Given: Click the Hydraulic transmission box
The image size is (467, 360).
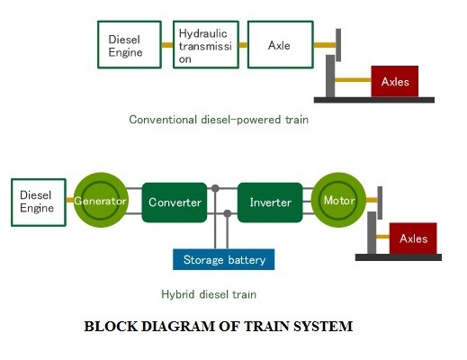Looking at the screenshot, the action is (x=206, y=45).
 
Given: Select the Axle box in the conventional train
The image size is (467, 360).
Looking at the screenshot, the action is (x=281, y=45).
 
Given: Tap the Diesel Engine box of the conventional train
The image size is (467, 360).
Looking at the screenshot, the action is (x=130, y=45).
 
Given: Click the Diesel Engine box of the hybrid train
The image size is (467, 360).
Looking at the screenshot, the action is (x=39, y=202).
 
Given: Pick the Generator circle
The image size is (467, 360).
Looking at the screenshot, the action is (x=101, y=200).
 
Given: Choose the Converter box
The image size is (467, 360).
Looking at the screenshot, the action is (x=175, y=202).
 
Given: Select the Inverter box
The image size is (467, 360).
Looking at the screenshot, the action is (x=270, y=202).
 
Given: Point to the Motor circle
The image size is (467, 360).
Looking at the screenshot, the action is (x=338, y=200).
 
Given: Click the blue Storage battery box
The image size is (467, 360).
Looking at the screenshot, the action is (x=224, y=259).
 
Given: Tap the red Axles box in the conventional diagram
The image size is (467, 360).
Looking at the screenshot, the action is (x=395, y=82).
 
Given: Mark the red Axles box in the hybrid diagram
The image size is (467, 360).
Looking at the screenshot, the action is (x=413, y=238).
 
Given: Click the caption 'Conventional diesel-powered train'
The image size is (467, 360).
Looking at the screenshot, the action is (x=219, y=120).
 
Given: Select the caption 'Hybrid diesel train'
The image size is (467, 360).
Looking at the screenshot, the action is (x=209, y=294).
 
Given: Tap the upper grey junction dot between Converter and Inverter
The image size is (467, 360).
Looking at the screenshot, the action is (x=215, y=188).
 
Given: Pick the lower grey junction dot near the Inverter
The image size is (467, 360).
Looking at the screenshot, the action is (x=228, y=213).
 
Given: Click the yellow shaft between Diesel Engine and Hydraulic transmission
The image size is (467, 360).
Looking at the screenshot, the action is (x=167, y=45).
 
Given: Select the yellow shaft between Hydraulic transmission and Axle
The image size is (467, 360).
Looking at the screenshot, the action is (x=243, y=45).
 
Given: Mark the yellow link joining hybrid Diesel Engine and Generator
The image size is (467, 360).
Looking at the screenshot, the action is (x=70, y=200).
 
